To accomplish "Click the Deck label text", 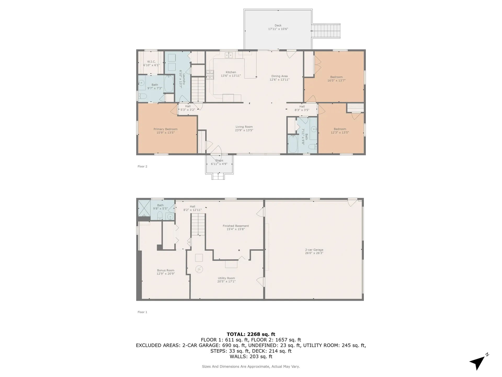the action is (278, 27).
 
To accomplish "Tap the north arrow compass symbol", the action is (479, 362).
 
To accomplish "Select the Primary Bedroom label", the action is (166, 131).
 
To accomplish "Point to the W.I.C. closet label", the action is (151, 63).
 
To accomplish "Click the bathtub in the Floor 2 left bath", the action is (169, 84).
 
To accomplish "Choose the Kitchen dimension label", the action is (231, 76).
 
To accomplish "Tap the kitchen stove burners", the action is (210, 75).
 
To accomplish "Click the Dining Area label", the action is (279, 78).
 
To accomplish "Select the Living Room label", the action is (244, 129).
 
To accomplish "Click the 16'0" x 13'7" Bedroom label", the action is (336, 79).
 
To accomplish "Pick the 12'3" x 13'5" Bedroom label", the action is (340, 131).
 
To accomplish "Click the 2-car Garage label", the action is (314, 251).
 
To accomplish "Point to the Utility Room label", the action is (226, 280).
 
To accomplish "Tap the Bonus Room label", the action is (166, 272).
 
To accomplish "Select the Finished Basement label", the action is (236, 228).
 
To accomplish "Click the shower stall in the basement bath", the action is (144, 208).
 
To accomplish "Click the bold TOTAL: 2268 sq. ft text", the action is (251, 334).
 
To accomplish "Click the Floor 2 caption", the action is (142, 167).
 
